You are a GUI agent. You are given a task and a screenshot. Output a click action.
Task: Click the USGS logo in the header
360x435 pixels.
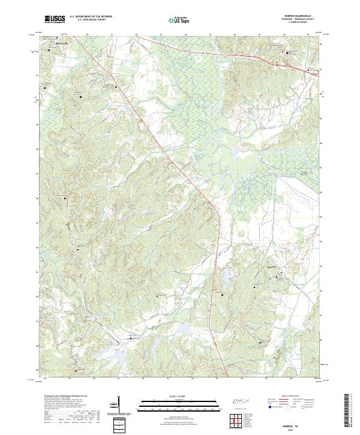click(x=55, y=19)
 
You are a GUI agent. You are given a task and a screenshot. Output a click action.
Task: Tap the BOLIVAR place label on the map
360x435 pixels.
click(x=62, y=44)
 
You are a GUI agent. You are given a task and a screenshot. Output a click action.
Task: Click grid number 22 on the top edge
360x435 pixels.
click(x=136, y=35)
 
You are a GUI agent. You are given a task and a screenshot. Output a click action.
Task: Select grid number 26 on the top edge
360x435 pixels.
click(x=235, y=35)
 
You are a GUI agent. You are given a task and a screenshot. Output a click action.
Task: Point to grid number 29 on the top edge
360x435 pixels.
click(x=308, y=35)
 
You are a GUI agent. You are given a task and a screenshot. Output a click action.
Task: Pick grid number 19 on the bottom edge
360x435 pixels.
click(x=70, y=379)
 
